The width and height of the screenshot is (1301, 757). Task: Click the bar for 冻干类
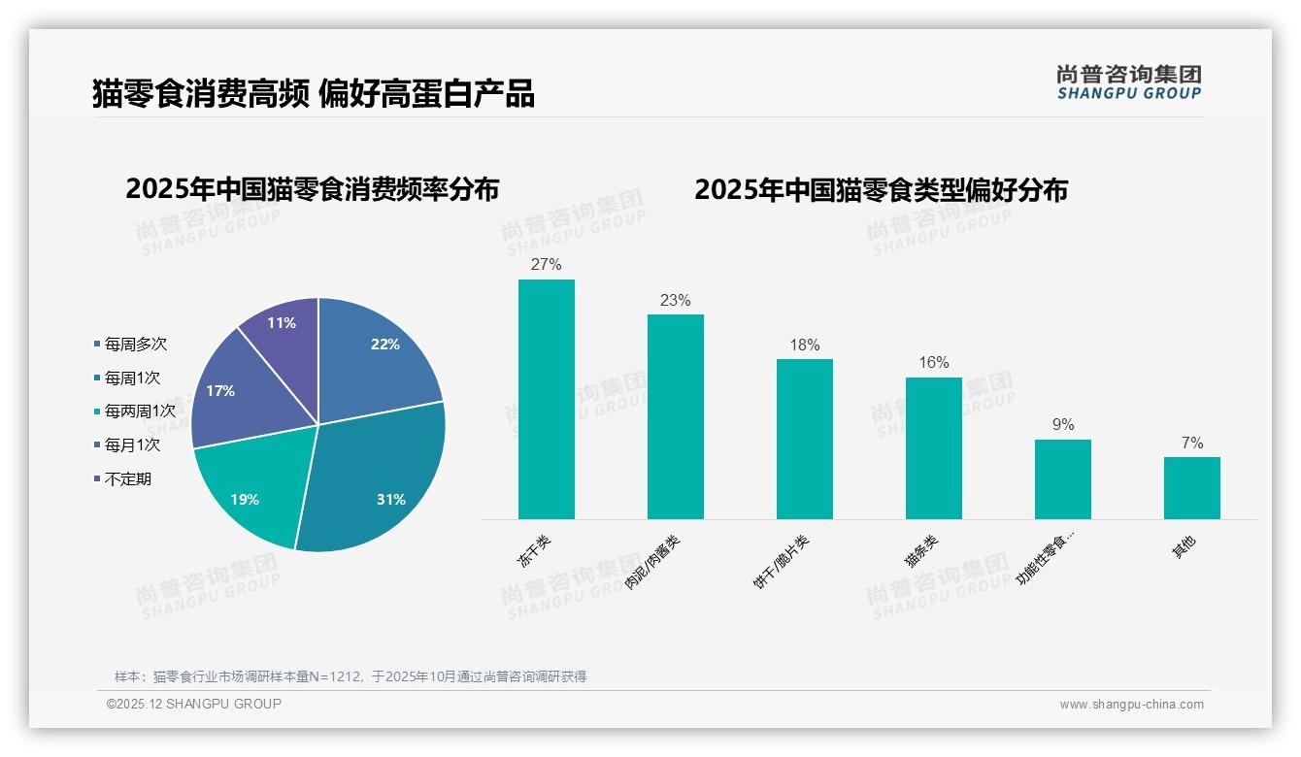[547, 399]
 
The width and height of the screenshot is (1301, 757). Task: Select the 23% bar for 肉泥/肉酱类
[676, 416]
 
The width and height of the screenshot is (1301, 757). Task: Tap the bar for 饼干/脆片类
[805, 439]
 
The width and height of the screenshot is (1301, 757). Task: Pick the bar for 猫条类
[934, 447]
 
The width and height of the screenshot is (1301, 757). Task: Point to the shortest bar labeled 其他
[1192, 487]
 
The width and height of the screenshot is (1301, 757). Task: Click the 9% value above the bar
[1063, 425]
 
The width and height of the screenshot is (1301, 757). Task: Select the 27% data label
[547, 264]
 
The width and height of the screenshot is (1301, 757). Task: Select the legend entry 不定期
[127, 479]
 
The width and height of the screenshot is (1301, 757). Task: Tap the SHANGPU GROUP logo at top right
[1128, 82]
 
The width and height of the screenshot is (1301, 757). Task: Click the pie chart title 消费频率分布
[312, 189]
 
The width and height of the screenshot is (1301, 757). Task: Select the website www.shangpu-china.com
[1131, 705]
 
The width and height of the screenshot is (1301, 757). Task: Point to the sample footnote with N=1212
[350, 676]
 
